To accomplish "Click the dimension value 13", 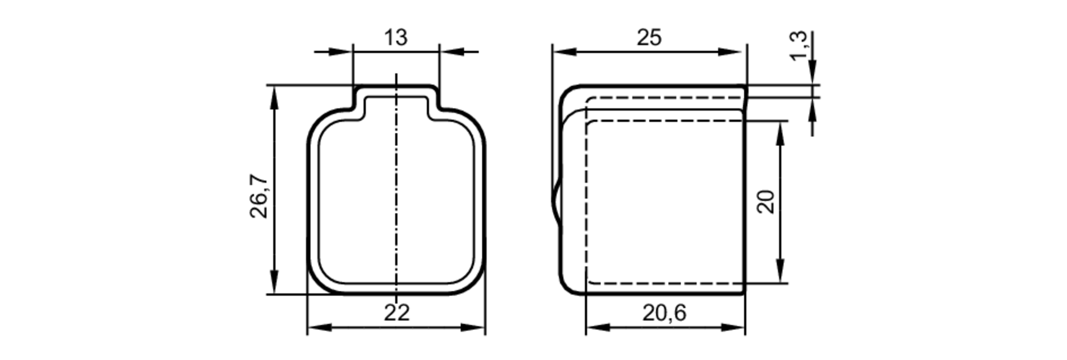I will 396,38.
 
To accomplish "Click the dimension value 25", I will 649,38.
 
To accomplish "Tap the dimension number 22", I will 396,313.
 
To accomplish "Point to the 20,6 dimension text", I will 664,313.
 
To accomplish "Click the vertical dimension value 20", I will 766,202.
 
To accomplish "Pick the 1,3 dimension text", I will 799,46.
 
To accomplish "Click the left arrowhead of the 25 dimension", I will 563,52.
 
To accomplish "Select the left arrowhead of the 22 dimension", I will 319,327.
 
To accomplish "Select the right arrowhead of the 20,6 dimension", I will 734,327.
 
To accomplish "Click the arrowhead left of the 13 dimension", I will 342,52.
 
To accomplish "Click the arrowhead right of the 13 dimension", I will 451,52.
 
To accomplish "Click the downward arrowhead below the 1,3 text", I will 813,73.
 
